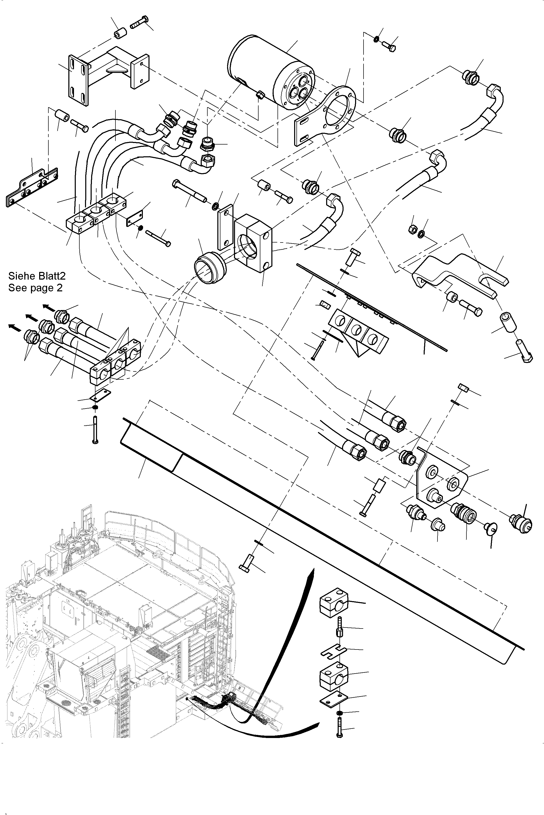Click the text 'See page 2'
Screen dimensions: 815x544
click(x=35, y=288)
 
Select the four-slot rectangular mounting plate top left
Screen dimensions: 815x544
click(x=78, y=81)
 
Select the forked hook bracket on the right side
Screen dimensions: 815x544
click(x=458, y=274)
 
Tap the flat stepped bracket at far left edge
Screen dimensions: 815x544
click(x=31, y=189)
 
